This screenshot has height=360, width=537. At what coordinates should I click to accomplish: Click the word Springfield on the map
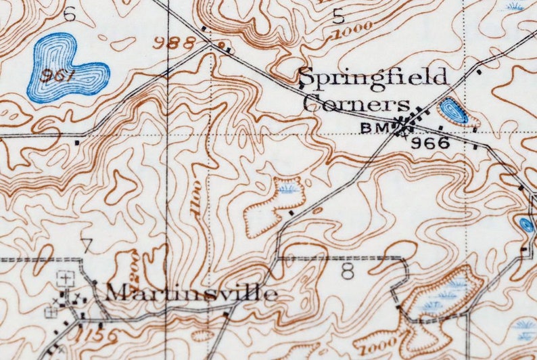373,78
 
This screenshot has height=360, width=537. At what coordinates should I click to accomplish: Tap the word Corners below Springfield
356,104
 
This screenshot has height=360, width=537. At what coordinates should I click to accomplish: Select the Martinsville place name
191,292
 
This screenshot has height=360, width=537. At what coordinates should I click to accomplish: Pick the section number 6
70,13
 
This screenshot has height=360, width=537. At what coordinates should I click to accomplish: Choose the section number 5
338,16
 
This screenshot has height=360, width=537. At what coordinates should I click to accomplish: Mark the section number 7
86,246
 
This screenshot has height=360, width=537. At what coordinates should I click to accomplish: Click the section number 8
348,271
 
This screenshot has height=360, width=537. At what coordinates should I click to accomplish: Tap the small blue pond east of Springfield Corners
453,111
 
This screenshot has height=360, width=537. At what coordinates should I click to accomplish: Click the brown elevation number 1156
97,336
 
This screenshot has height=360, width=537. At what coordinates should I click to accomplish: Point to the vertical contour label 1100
197,198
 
